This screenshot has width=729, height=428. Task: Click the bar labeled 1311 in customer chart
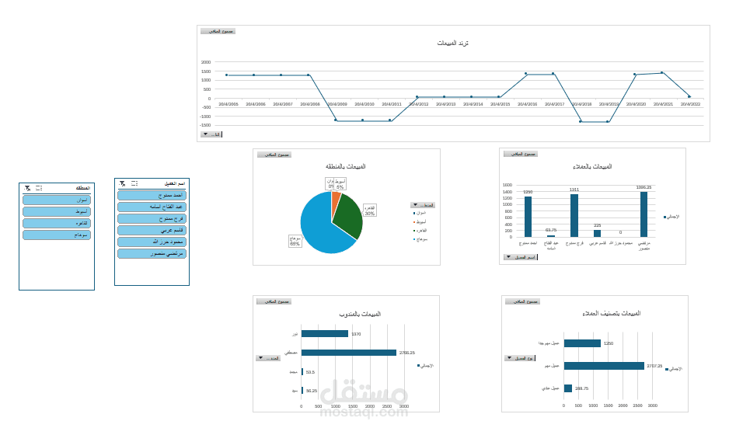point(574,215)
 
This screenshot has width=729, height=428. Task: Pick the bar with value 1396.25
point(644,214)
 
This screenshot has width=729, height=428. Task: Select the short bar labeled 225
point(597,233)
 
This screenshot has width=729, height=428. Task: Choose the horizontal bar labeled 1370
point(324,334)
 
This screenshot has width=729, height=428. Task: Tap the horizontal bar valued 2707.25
point(604,366)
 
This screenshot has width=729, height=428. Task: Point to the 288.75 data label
point(581,388)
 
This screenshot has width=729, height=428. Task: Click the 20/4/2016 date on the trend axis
point(527,104)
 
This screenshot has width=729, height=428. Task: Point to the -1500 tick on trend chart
point(206,126)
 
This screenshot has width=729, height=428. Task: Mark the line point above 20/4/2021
point(662,73)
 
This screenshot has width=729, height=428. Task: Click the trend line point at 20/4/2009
point(336,120)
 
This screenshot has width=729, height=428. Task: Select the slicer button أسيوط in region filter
point(57,211)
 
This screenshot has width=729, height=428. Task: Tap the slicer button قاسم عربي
point(152,231)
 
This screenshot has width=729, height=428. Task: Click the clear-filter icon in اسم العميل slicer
point(120,183)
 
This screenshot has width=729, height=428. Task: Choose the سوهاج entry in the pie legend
point(421,240)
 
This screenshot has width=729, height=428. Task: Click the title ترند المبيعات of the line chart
point(453,43)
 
